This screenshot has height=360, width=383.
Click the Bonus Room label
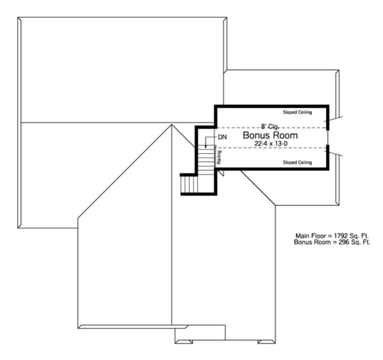(270, 135)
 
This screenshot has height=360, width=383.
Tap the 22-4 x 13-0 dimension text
(271, 144)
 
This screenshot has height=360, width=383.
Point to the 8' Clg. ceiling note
(270, 126)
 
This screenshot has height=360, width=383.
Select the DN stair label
(222, 137)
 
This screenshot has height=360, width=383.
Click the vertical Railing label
(219, 157)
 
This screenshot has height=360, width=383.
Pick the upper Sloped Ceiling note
(297, 112)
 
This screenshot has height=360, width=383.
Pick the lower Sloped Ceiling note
(297, 162)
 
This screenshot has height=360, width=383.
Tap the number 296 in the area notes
(344, 242)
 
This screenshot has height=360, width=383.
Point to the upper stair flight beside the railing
(206, 160)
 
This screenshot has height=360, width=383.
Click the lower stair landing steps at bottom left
(189, 184)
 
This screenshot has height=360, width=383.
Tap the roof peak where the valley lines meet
(171, 125)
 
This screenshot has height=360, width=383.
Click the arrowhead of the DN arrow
(206, 147)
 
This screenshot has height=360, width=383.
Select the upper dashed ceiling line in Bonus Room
(272, 128)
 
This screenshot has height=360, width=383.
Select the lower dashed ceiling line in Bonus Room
(272, 148)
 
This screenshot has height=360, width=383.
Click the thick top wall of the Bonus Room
(272, 106)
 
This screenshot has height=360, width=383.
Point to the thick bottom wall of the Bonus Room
(272, 169)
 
